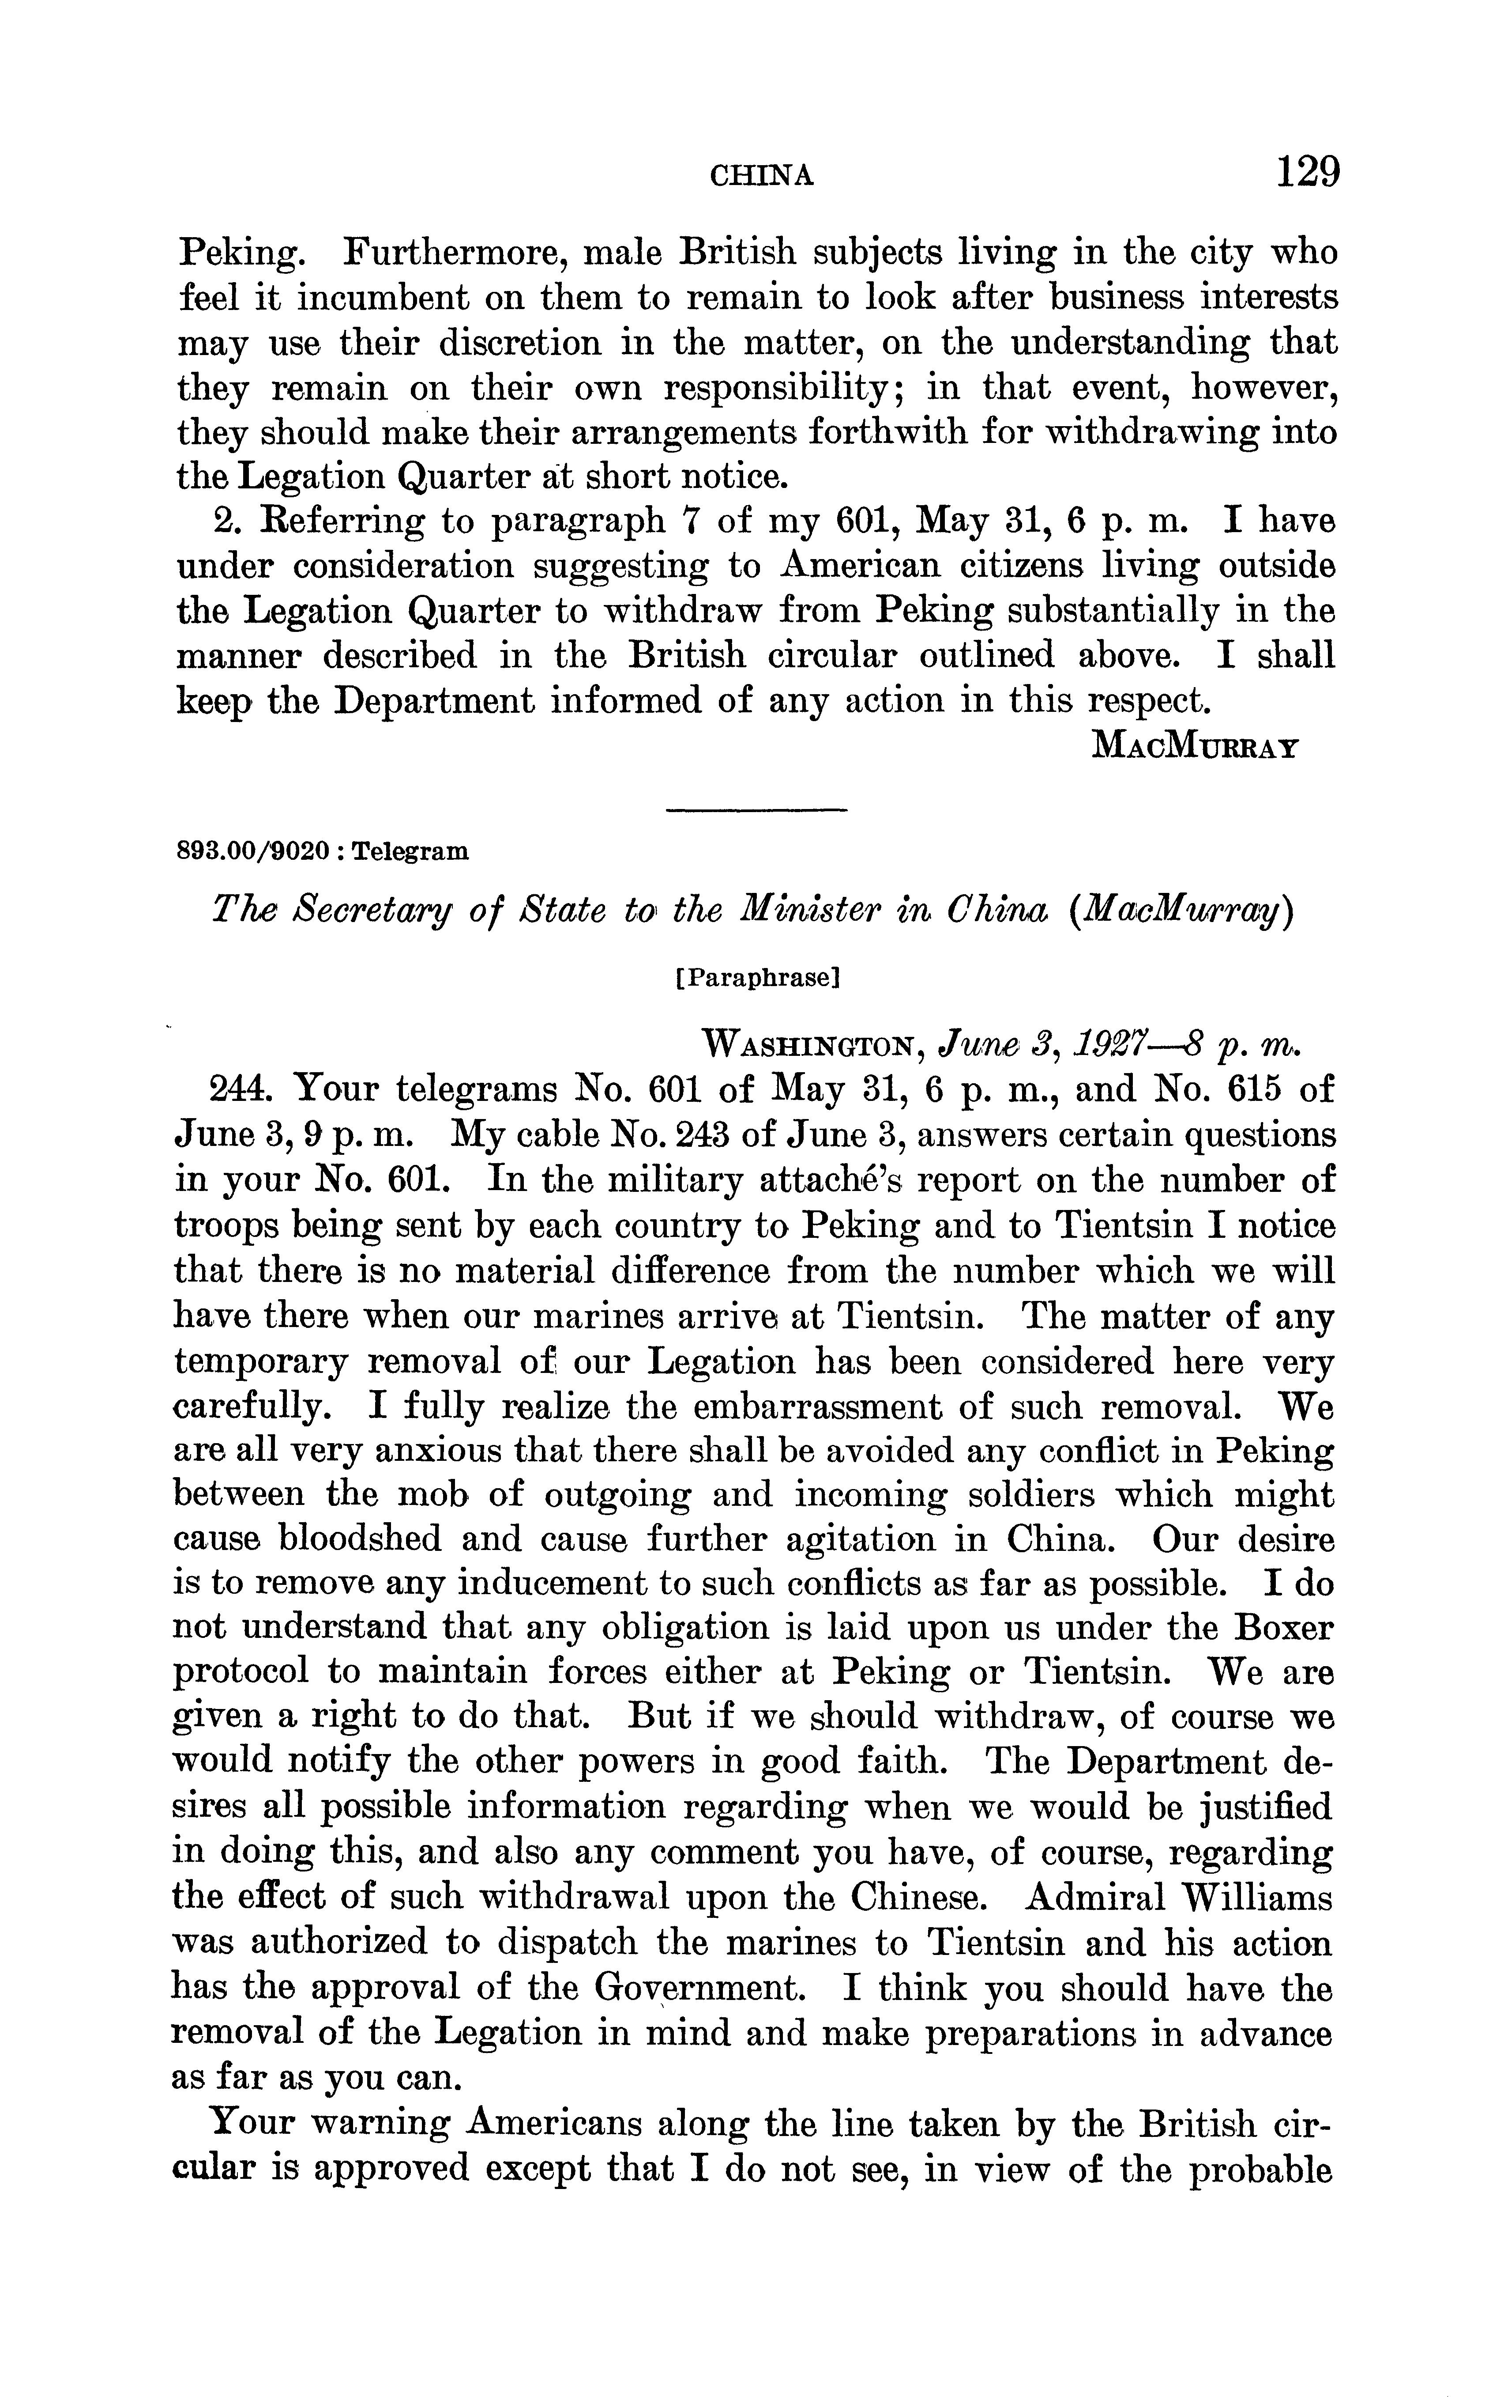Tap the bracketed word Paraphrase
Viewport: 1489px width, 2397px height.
coord(756,978)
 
